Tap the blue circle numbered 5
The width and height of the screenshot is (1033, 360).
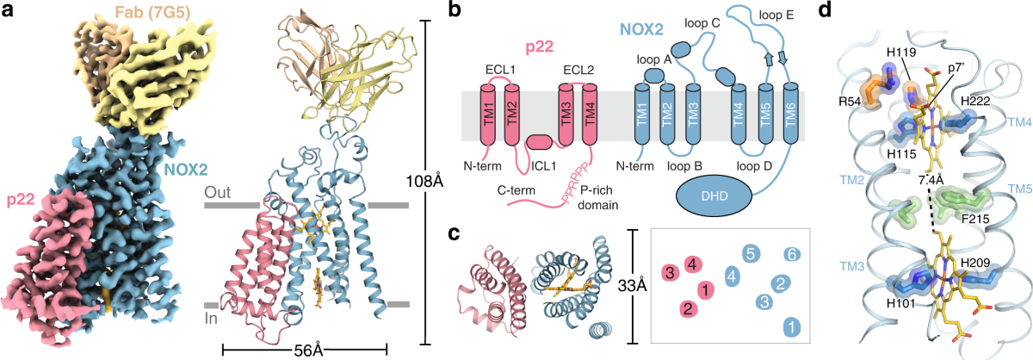[751, 253]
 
